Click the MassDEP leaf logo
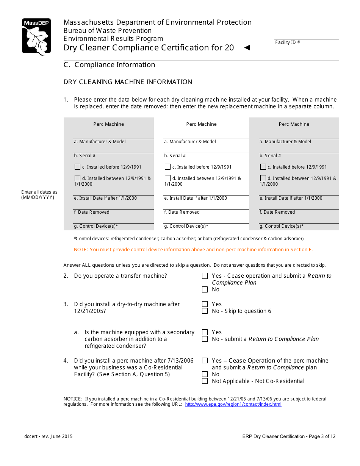tap(36, 37)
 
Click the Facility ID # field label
tap(287, 42)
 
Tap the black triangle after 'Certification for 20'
tap(247, 48)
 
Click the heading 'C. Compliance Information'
tap(109, 65)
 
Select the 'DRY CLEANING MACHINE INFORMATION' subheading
tap(128, 82)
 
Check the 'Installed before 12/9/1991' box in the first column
tap(77, 167)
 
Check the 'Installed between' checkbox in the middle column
tap(167, 178)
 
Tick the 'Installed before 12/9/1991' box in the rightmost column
tap(263, 167)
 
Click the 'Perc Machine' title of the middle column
tap(201, 124)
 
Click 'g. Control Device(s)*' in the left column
tap(96, 226)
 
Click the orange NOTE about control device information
tap(193, 250)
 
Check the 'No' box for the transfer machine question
tap(205, 289)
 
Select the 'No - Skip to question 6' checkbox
tap(205, 311)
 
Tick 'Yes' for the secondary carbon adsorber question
tap(205, 332)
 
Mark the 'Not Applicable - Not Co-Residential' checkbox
tap(205, 381)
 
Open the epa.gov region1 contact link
tap(233, 404)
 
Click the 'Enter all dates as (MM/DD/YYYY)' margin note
tap(39, 195)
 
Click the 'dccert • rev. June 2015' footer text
tap(49, 436)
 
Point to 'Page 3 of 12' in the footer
tap(322, 436)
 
